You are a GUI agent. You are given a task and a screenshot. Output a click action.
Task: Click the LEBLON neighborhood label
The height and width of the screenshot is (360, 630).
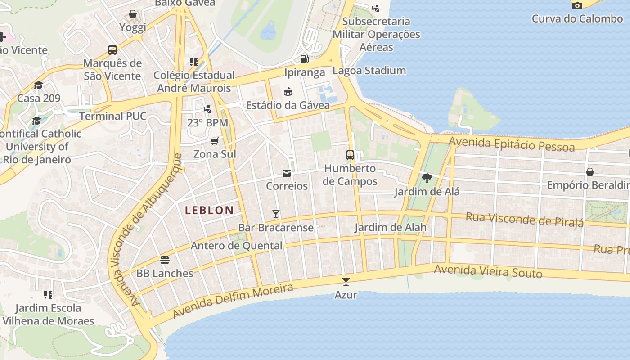point(209,210)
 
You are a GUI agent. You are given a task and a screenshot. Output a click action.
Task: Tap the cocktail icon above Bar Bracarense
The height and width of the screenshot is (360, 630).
point(276,214)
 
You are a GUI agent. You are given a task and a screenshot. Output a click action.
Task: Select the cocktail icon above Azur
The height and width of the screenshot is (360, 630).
point(346,282)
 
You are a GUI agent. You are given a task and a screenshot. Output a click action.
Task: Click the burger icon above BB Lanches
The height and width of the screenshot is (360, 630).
point(165,260)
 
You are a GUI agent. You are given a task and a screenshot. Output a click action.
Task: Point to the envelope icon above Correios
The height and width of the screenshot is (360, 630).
point(287,173)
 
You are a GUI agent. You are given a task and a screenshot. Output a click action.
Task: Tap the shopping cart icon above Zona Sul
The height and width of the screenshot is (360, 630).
point(215,141)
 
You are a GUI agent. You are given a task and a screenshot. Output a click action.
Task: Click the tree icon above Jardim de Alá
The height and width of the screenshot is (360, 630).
point(427,178)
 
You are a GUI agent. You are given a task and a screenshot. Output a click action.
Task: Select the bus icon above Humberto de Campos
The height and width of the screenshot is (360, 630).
point(350,155)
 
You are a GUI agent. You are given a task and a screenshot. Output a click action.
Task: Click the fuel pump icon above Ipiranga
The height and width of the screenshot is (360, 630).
point(305,59)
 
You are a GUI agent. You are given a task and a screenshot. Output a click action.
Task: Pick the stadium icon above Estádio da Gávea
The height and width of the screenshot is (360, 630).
point(288,92)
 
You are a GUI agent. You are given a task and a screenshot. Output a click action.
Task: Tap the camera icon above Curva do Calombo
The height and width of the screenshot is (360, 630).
point(577,5)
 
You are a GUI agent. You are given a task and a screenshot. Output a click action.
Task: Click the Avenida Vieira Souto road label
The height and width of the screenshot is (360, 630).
point(488,271)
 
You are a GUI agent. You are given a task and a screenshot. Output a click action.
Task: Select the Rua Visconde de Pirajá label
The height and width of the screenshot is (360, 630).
point(524,220)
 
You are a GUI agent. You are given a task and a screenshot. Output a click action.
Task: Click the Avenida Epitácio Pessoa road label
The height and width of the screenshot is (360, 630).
point(512,144)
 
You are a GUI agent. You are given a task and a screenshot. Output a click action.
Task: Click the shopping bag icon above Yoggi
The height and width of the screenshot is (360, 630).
point(133,14)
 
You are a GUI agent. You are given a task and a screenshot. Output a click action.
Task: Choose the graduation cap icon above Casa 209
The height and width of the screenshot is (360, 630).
point(39,85)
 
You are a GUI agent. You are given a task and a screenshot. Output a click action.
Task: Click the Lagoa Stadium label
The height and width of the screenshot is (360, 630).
point(369,71)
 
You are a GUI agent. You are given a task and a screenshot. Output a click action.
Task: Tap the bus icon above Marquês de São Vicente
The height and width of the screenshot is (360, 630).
point(112,50)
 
